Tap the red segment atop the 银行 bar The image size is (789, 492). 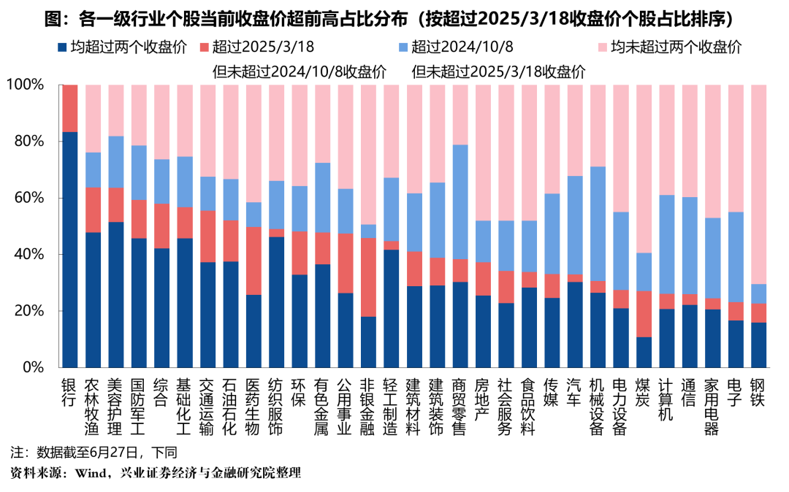coord(70,108)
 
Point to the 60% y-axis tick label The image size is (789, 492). coord(28,198)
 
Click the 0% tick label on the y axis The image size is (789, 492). coord(31,367)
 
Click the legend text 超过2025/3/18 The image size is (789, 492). coord(263,47)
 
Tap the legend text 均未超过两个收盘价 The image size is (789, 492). coord(676,47)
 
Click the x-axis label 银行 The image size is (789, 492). coord(70,394)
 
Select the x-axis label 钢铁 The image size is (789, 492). coord(759,394)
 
